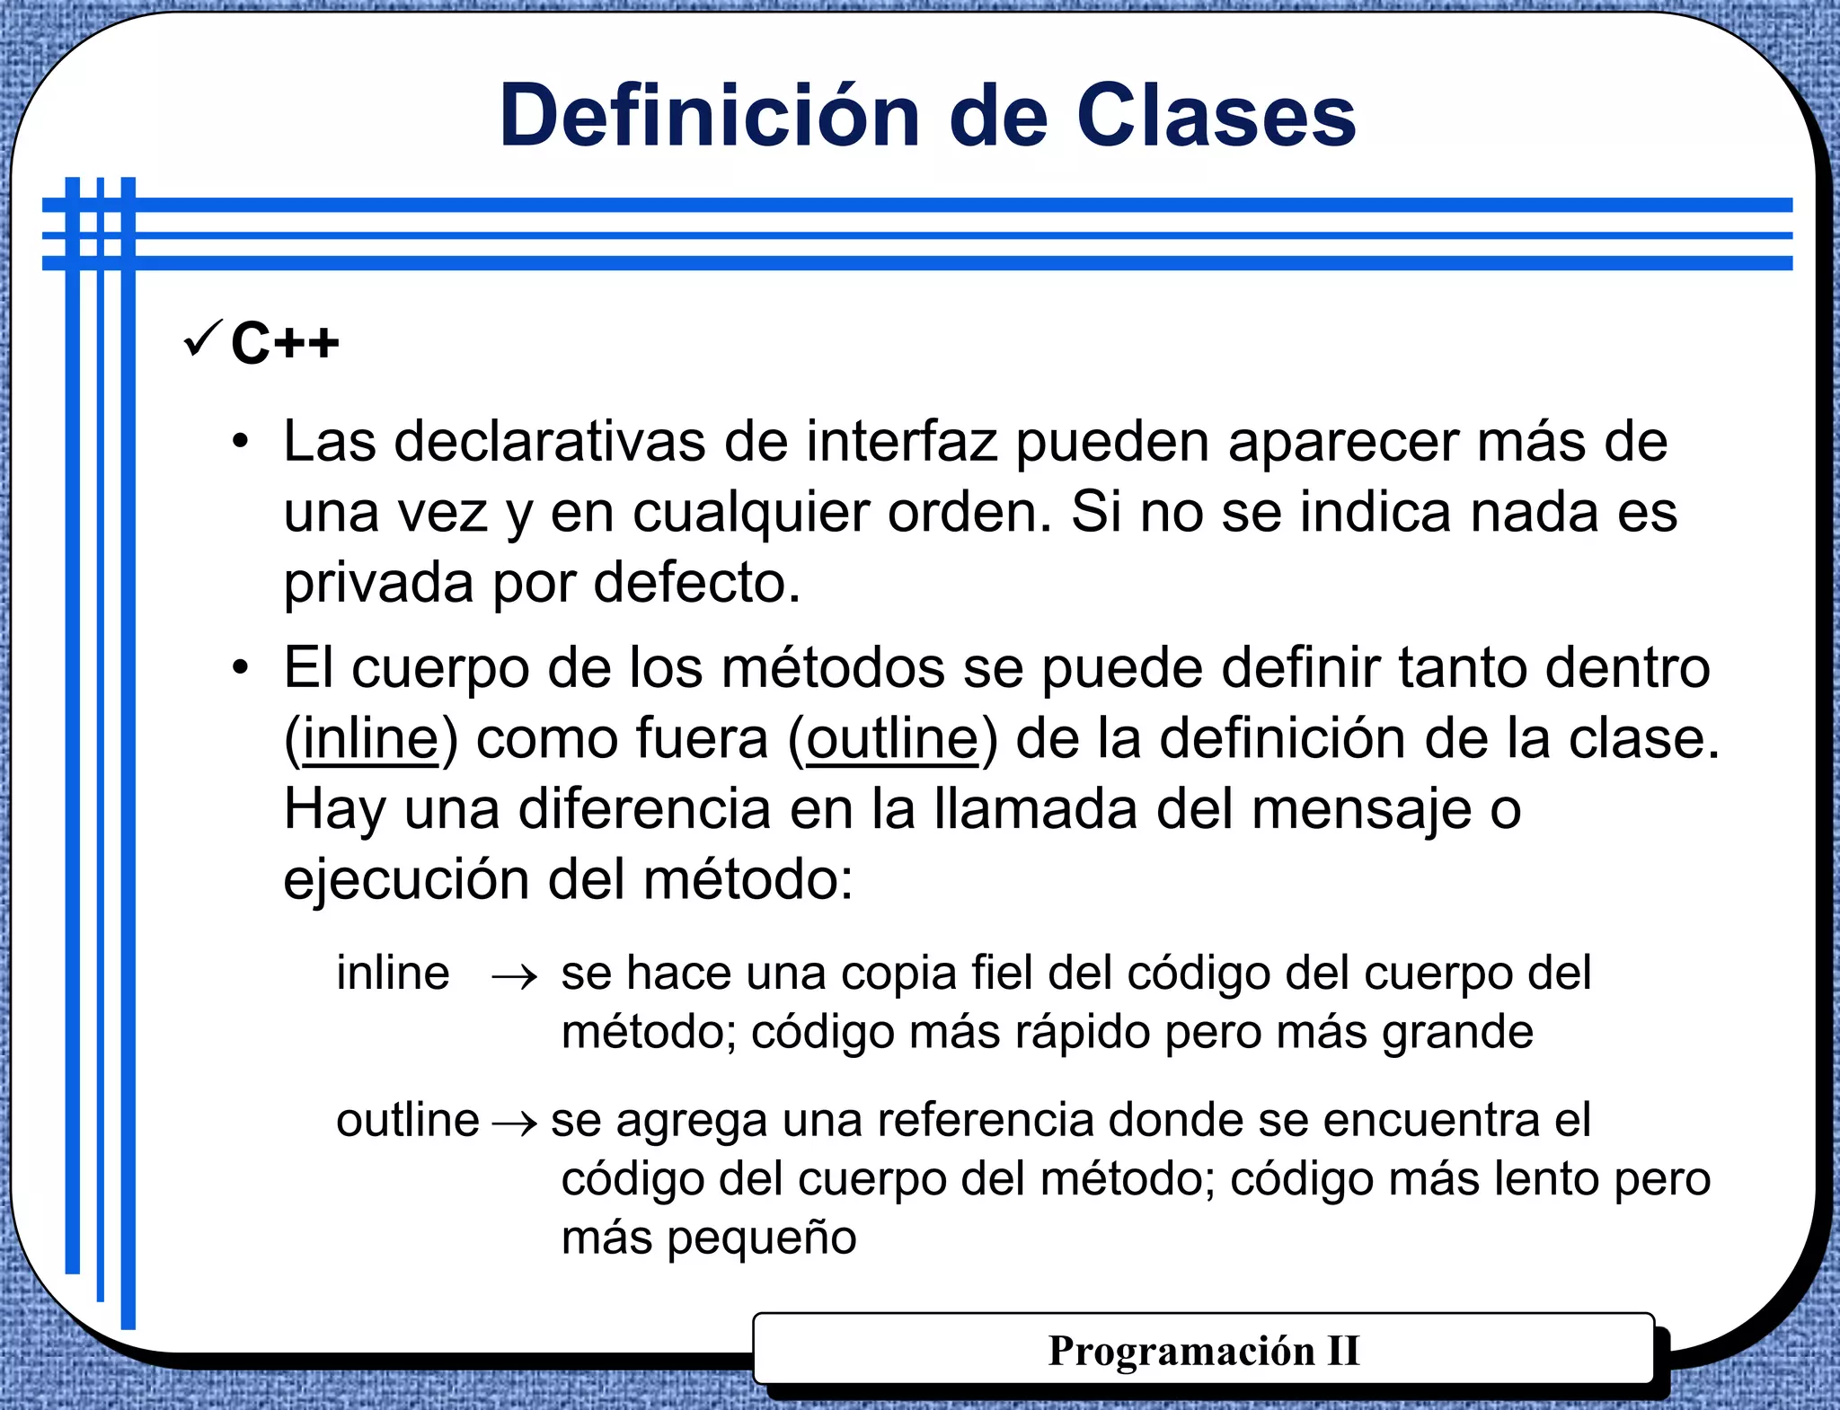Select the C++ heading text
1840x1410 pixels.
pyautogui.click(x=285, y=343)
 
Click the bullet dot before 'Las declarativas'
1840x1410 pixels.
pyautogui.click(x=239, y=442)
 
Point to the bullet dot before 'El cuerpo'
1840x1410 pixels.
pyautogui.click(x=239, y=668)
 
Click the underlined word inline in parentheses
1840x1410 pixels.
pyautogui.click(x=370, y=739)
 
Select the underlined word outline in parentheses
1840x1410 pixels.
pyautogui.click(x=892, y=739)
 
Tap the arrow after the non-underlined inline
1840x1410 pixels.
pyautogui.click(x=515, y=976)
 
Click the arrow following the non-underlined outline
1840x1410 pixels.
pyautogui.click(x=515, y=1123)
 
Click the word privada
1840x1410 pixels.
pyautogui.click(x=378, y=584)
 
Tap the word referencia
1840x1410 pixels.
pyautogui.click(x=985, y=1121)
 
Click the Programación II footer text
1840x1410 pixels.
pyautogui.click(x=1204, y=1350)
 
